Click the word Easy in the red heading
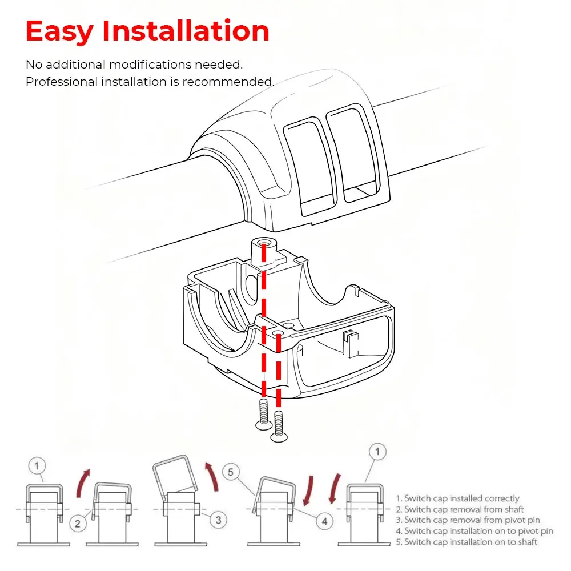coord(59,31)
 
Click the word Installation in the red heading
coord(186,31)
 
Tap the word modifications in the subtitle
coord(150,65)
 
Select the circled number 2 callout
coord(78,524)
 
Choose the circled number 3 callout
coord(219,520)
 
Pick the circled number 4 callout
coord(324,521)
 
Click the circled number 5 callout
coord(231,472)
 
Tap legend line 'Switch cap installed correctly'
coord(457,498)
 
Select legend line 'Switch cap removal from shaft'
coord(460,509)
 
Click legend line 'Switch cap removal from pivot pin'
coord(468,520)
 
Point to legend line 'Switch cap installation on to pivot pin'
coord(475,531)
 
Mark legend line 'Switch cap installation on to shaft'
coord(467,542)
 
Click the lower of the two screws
coord(279,427)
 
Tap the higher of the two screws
coord(264,415)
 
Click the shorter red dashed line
coord(279,369)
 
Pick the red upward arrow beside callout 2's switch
coord(83,483)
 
